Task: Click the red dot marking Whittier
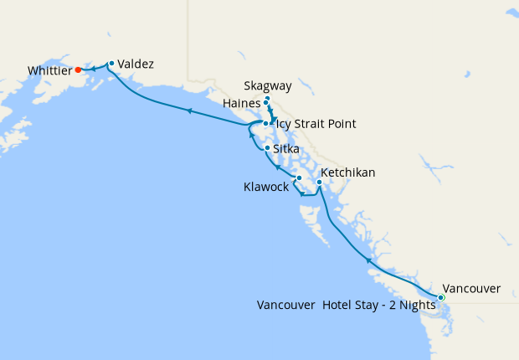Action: (78, 69)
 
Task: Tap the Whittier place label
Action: (49, 71)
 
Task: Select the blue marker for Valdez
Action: (111, 63)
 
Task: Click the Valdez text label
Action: (136, 63)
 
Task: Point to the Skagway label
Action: (268, 86)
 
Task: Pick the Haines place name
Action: (242, 103)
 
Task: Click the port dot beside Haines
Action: (266, 103)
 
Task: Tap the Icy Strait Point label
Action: (316, 124)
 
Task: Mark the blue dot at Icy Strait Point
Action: (266, 124)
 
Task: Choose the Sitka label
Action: (286, 148)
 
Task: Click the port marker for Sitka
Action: (267, 148)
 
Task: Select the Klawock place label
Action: (266, 188)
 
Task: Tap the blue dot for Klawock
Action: (299, 177)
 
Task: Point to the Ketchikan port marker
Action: (319, 182)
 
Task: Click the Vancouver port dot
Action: (441, 297)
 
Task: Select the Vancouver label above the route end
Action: (471, 288)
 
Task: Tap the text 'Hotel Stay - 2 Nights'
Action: (379, 305)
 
